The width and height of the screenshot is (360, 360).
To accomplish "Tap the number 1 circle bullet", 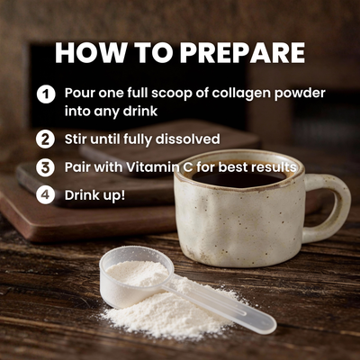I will [45, 94].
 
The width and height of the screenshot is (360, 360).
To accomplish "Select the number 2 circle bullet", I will [45, 139].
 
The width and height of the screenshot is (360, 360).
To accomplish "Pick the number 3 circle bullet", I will [45, 167].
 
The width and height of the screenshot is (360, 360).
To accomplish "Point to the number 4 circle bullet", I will [45, 194].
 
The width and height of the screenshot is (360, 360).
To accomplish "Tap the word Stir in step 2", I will [78, 139].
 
